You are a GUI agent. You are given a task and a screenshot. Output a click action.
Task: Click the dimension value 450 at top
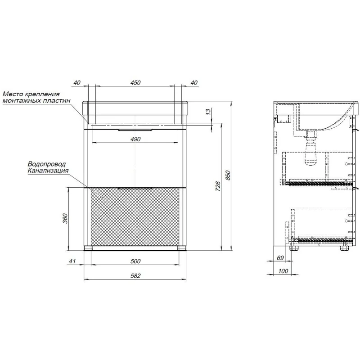coord(135,83)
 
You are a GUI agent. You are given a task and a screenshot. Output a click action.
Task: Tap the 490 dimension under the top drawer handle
coord(135,139)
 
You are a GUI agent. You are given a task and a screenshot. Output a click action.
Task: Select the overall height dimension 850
coord(228,175)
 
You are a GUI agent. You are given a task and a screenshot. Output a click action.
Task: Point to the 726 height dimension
coord(218,186)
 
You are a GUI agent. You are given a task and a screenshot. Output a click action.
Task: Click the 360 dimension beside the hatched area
coord(65,219)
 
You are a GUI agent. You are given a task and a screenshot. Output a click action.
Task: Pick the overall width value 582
coord(135,275)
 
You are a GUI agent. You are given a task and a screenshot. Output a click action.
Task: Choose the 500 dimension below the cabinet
coord(135,261)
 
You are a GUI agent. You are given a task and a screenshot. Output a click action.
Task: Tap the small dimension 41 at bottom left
coord(72,261)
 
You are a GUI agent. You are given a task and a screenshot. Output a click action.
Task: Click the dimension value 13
coord(208,112)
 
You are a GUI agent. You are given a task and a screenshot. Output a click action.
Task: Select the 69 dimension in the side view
coord(280,258)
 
